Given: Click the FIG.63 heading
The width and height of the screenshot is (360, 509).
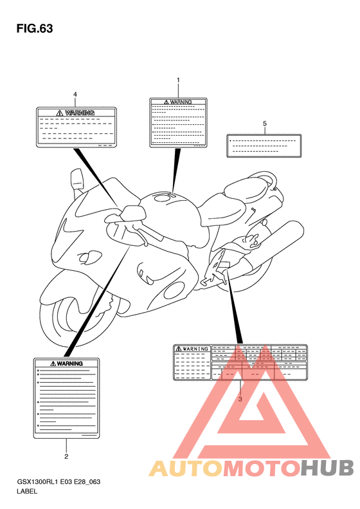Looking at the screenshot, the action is point(35,28).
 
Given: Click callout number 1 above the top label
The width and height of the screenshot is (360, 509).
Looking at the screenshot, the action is point(178,80).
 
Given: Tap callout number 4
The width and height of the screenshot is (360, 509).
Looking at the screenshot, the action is point(75,95).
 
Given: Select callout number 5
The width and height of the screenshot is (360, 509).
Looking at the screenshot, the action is point(265,124).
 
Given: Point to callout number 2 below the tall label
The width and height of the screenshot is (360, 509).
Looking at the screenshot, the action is point(66,456).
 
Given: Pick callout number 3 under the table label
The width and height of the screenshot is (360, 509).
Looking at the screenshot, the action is point(240,399).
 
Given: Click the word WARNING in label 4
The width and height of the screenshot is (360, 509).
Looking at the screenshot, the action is point(80,113).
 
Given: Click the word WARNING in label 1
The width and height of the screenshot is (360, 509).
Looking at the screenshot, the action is point(181,102).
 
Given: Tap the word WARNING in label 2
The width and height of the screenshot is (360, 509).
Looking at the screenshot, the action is point(69,364).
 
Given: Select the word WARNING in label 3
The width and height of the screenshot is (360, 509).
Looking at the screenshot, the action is point(195,349).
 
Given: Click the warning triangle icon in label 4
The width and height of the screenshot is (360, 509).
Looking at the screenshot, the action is point(60,113).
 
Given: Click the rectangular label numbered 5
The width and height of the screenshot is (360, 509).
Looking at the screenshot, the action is point(264,146).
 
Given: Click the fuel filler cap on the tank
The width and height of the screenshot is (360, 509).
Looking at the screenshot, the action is point(163,197).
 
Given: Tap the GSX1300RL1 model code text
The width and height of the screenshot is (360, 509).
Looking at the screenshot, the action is point(38,482).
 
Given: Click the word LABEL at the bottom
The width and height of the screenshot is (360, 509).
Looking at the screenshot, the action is point(27,491).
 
